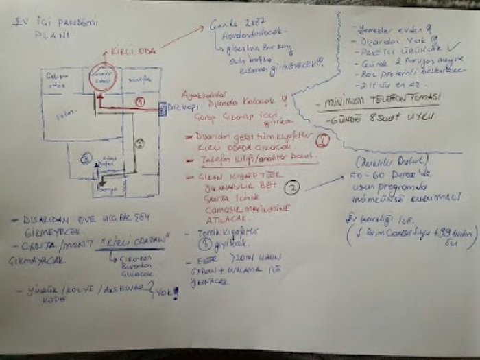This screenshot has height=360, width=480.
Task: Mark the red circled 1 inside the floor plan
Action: [140, 101]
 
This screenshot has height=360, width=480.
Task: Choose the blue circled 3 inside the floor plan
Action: [86, 159]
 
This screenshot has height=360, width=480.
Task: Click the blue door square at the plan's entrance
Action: [163, 109]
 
